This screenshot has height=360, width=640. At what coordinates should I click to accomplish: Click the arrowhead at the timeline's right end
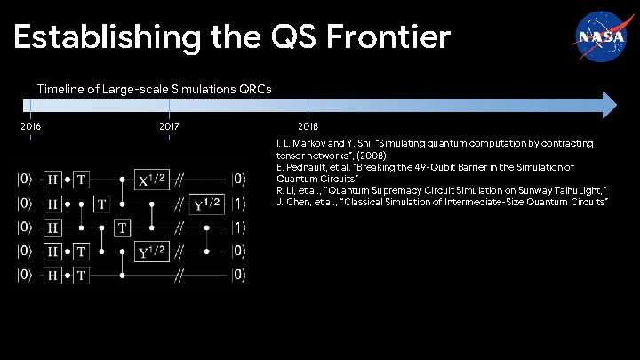[607, 104]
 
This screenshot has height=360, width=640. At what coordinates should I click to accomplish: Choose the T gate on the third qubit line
[122, 228]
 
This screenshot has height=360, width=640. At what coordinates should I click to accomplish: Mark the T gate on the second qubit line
[102, 204]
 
